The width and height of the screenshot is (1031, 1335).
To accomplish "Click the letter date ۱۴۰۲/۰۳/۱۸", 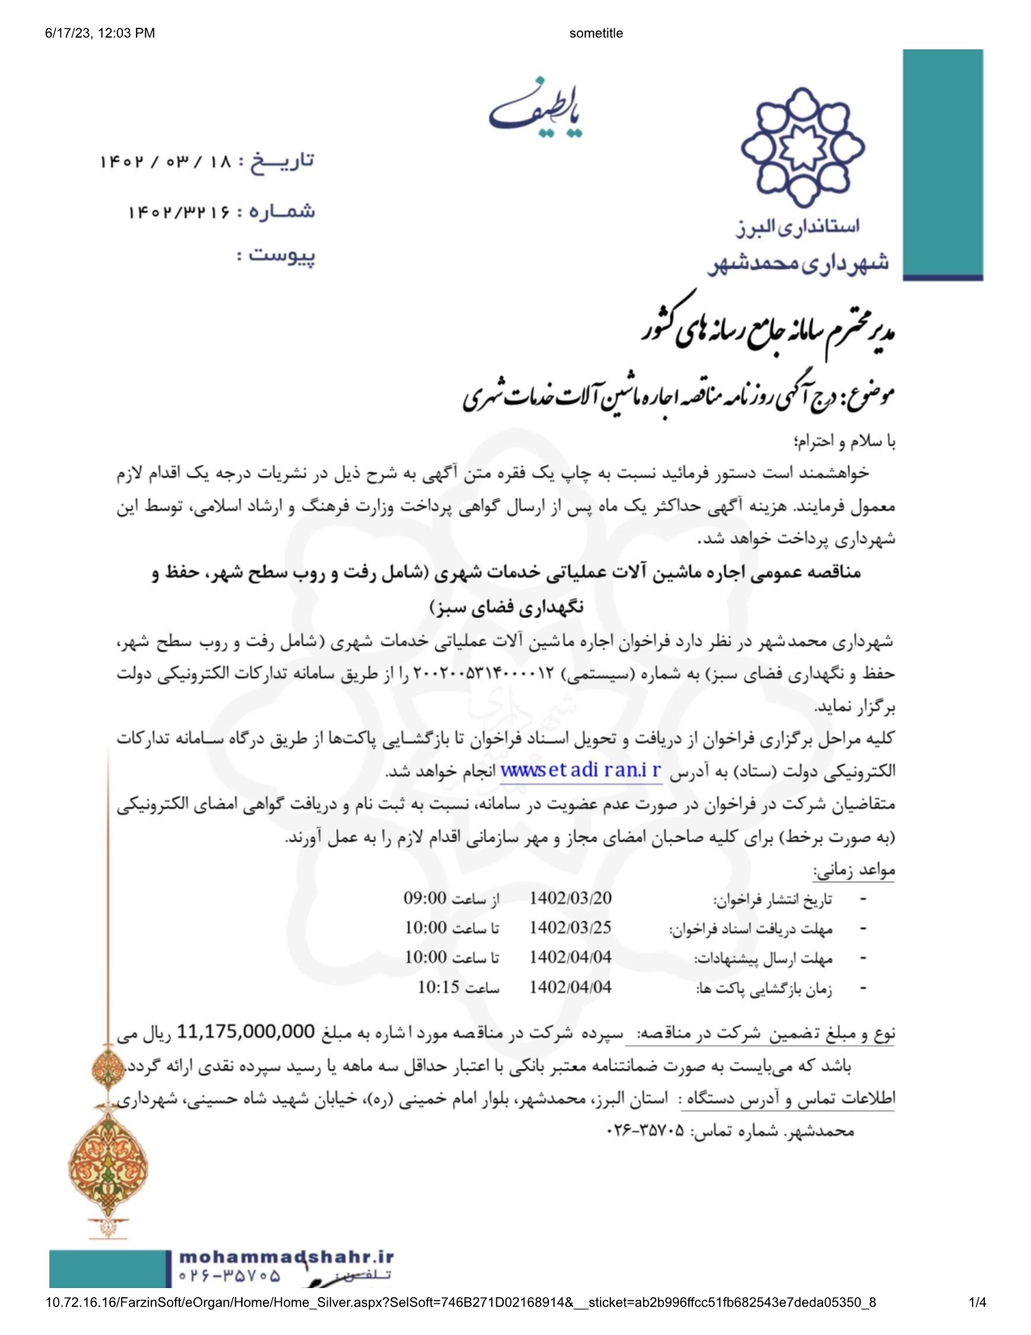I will pos(166,162).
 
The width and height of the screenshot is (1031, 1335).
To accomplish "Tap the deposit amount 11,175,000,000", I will pos(246,1032).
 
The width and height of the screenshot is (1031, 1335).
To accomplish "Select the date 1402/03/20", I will pos(570,898).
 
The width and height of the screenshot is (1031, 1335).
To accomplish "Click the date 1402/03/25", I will pos(570,928).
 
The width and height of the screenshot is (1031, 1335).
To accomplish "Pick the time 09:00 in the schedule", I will pos(425,898).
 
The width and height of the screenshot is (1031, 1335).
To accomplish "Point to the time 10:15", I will pos(438,987).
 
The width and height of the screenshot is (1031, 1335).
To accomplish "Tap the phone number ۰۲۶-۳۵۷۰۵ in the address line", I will pos(644,1131).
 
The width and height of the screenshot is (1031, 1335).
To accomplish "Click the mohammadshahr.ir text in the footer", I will pos(286,1257).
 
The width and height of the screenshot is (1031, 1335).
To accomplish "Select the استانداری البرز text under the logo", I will pos(797,227).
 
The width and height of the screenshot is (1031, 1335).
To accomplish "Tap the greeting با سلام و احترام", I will pos(846,442).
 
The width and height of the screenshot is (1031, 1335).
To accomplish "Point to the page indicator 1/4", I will pos(978,1303).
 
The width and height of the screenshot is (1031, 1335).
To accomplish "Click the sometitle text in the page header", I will pos(596,33).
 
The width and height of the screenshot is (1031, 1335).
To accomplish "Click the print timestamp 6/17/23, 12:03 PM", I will pos(100,33).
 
